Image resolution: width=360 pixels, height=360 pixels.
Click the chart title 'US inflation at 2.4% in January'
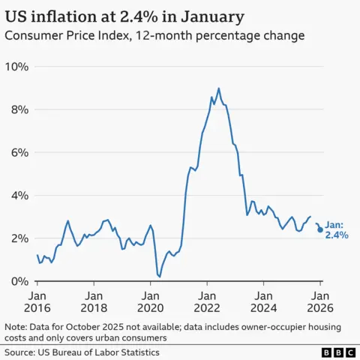click(125, 16)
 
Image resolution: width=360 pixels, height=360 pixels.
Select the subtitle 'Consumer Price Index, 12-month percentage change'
click(154, 35)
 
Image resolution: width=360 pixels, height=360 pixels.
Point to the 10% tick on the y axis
click(16, 67)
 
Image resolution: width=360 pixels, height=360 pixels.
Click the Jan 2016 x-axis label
click(37, 300)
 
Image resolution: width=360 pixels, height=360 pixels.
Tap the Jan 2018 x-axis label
click(94, 300)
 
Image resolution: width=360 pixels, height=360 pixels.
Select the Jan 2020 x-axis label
click(151, 300)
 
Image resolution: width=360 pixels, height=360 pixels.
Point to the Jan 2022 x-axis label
click(207, 300)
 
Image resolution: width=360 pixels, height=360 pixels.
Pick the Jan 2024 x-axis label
click(264, 300)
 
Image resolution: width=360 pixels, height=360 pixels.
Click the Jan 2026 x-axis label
click(320, 300)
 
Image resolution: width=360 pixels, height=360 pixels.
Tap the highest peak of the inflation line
click(218, 88)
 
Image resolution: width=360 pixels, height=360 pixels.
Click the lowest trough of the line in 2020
click(159, 277)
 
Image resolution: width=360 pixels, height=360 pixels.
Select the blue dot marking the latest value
click(320, 229)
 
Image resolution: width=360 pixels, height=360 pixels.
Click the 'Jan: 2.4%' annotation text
click(336, 229)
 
